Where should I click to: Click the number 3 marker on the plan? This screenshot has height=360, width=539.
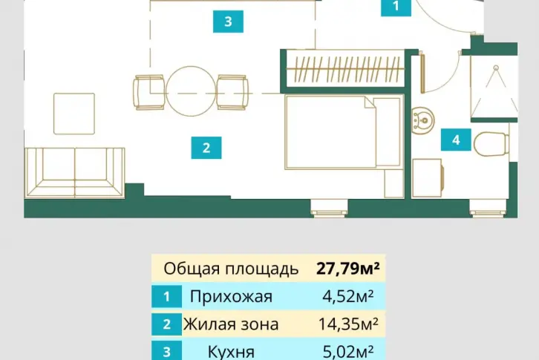(x=228, y=22)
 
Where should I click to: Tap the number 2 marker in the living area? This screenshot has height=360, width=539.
(x=206, y=148)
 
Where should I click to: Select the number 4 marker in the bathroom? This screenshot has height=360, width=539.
(x=456, y=140)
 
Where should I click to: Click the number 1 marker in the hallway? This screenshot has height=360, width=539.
(x=396, y=7)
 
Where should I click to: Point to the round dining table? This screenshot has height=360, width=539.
(x=191, y=91)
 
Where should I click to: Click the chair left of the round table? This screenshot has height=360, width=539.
(x=149, y=93)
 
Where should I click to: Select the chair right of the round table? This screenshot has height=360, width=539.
(x=232, y=93)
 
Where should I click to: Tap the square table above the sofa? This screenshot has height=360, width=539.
(x=74, y=114)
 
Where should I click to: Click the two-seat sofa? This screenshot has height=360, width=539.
(x=74, y=173)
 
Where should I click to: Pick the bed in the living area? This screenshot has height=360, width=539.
(x=344, y=132)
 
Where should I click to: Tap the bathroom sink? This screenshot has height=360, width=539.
(x=423, y=120)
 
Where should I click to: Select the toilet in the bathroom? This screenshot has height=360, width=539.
(x=491, y=143)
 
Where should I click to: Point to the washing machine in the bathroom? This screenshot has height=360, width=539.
(x=428, y=178)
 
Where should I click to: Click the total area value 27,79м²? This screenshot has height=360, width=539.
(x=348, y=268)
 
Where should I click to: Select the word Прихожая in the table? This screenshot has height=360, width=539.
(x=231, y=296)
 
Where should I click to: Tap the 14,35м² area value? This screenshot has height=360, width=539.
(x=348, y=324)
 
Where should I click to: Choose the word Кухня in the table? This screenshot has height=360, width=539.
(x=231, y=352)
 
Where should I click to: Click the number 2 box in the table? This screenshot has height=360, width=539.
(x=167, y=324)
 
